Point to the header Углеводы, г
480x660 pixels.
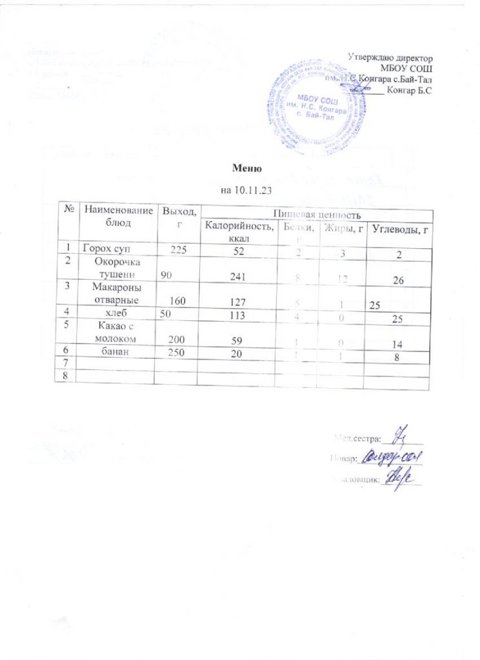(396, 231)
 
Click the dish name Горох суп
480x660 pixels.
(107, 249)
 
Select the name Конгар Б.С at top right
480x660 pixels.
(408, 90)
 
